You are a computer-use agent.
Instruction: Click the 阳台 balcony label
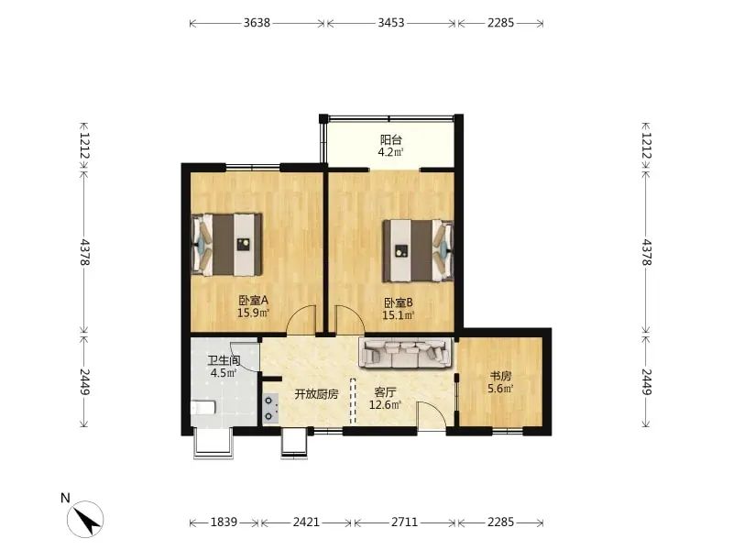click(x=391, y=139)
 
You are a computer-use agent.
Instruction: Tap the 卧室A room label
click(x=254, y=300)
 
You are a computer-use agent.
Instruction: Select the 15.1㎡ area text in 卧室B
click(x=399, y=315)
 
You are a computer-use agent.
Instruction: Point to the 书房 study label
click(x=500, y=376)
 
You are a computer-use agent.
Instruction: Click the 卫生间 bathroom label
click(x=224, y=360)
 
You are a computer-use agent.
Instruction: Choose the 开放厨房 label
click(x=316, y=394)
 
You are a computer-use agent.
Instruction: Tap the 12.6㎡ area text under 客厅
click(x=385, y=405)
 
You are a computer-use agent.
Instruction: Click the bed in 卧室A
click(x=226, y=245)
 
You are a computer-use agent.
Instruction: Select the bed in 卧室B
click(x=418, y=250)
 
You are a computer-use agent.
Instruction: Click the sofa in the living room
click(x=405, y=353)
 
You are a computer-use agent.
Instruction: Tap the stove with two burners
click(x=270, y=408)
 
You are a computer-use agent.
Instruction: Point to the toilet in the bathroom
click(x=202, y=408)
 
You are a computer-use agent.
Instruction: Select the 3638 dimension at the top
click(x=257, y=22)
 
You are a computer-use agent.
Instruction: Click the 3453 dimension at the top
click(x=391, y=22)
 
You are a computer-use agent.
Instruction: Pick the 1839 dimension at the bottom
click(x=224, y=522)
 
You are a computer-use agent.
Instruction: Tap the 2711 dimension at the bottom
click(x=405, y=522)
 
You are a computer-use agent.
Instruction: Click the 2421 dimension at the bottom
click(x=306, y=522)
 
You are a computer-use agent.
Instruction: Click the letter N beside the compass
click(x=65, y=498)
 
